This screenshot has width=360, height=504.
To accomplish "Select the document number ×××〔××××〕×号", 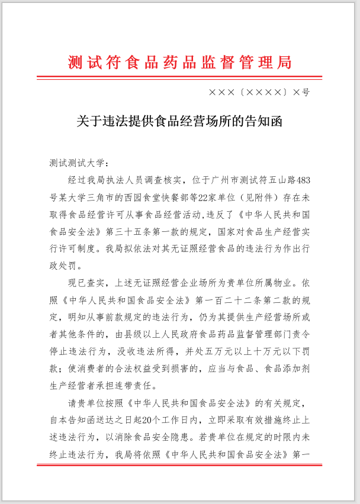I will pyautogui.click(x=259, y=93).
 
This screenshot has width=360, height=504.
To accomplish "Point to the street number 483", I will pyautogui.click(x=301, y=179).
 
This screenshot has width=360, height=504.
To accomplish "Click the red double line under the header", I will pyautogui.click(x=180, y=77).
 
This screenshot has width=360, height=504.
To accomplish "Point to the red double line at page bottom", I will pyautogui.click(x=180, y=465).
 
